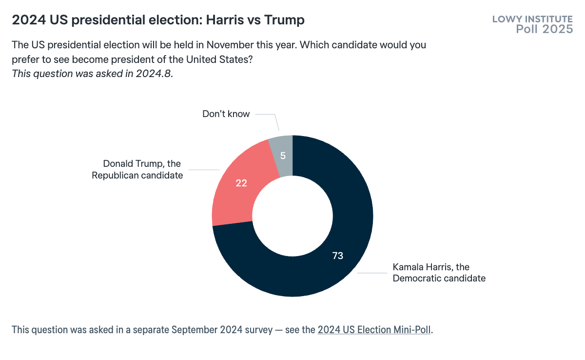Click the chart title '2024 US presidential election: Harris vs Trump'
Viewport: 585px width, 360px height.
tap(158, 20)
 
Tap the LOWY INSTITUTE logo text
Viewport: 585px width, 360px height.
tap(532, 20)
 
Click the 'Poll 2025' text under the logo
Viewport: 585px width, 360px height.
tap(544, 29)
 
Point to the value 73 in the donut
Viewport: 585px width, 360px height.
tap(338, 256)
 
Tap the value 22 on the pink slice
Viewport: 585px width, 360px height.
tap(241, 184)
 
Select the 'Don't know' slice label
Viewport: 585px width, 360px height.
tap(226, 114)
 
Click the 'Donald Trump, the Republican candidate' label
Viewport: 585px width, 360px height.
tap(137, 169)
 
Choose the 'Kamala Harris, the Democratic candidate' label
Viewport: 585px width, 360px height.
tap(439, 273)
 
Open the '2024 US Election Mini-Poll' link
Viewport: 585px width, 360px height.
tap(374, 329)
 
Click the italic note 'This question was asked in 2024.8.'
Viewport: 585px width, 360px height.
tap(92, 74)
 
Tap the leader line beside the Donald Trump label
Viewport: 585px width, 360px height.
tap(204, 170)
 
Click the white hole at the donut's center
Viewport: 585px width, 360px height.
tap(292, 216)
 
